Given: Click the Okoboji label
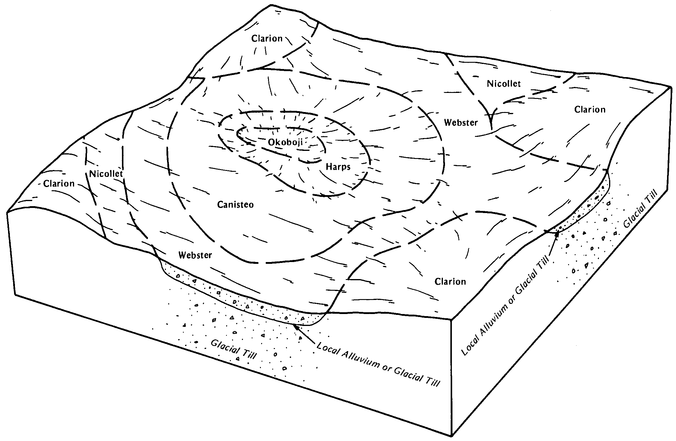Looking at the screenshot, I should point(285,142).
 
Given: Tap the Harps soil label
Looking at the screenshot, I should point(338,166).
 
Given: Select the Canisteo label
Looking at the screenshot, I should point(235,204).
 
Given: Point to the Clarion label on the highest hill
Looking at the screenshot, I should point(267,39).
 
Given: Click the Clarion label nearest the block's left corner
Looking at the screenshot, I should point(59,183).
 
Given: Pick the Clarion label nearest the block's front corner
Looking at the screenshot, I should point(450,281).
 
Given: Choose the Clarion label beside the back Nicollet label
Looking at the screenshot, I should point(590,109).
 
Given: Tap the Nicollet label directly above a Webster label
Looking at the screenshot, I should point(504,84).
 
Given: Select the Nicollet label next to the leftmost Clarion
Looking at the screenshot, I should point(106,174).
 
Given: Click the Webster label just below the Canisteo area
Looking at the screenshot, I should point(195,255).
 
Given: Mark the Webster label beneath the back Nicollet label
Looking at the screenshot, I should point(461,122).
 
